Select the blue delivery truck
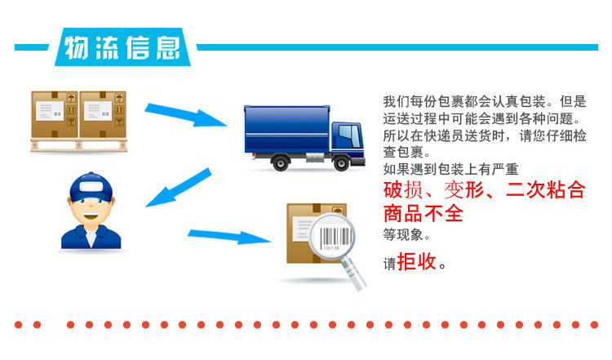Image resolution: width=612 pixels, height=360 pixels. (x=302, y=136)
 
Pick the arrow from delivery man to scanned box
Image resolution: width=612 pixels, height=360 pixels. (x=229, y=238)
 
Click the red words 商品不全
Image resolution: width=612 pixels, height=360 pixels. (x=424, y=215)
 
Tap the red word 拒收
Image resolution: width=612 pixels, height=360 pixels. (x=417, y=262)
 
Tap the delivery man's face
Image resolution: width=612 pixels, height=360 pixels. (x=91, y=210)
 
